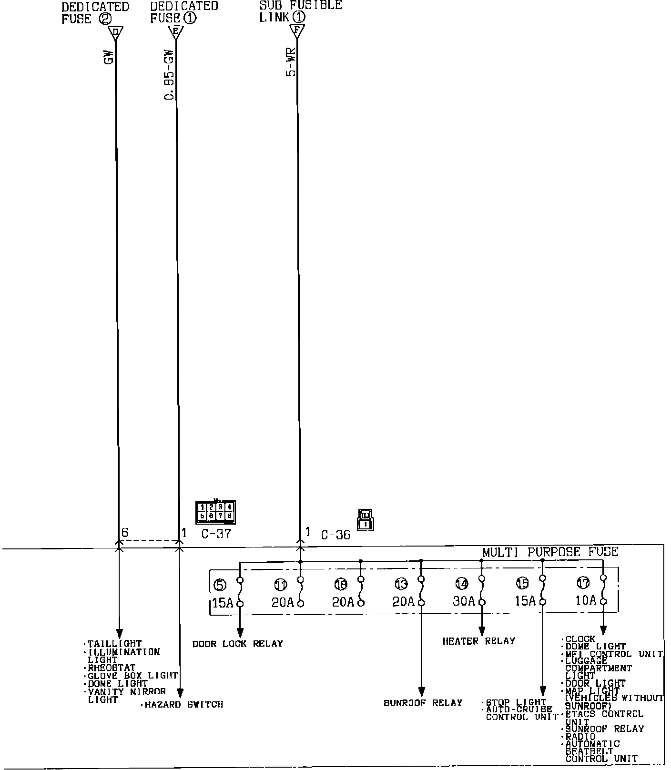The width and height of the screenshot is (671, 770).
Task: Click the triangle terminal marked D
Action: pyautogui.click(x=115, y=33)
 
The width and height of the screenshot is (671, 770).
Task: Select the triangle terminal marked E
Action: pyautogui.click(x=176, y=33)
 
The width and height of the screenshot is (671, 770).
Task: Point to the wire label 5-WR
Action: pyautogui.click(x=291, y=62)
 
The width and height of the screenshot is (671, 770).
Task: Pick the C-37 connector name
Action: pyautogui.click(x=216, y=534)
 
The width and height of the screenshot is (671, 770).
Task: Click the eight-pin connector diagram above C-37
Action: pyautogui.click(x=215, y=512)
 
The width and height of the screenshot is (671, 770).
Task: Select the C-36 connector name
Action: pyautogui.click(x=335, y=535)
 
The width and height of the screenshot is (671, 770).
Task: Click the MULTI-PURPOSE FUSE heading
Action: pyautogui.click(x=550, y=552)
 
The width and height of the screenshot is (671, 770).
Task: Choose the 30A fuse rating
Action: pyautogui.click(x=464, y=601)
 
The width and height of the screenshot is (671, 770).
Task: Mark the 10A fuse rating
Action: pyautogui.click(x=586, y=600)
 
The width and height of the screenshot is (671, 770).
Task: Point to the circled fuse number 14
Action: pyautogui.click(x=461, y=583)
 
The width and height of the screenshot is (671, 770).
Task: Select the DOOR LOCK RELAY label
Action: pyautogui.click(x=237, y=644)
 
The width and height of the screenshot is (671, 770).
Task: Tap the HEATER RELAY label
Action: pyautogui.click(x=478, y=641)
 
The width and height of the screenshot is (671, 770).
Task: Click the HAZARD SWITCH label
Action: pyautogui.click(x=183, y=704)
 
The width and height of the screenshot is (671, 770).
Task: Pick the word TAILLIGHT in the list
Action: pyautogui.click(x=114, y=644)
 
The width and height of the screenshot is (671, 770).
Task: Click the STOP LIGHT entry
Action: pyautogui.click(x=516, y=702)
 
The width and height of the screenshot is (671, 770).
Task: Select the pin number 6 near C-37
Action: pyautogui.click(x=125, y=533)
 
